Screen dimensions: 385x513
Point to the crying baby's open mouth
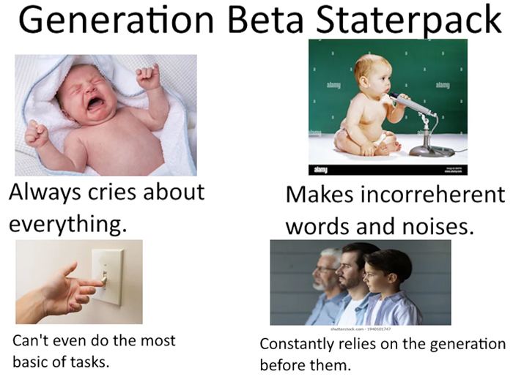pos(95,103)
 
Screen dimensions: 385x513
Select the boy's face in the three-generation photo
pos(373,275)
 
